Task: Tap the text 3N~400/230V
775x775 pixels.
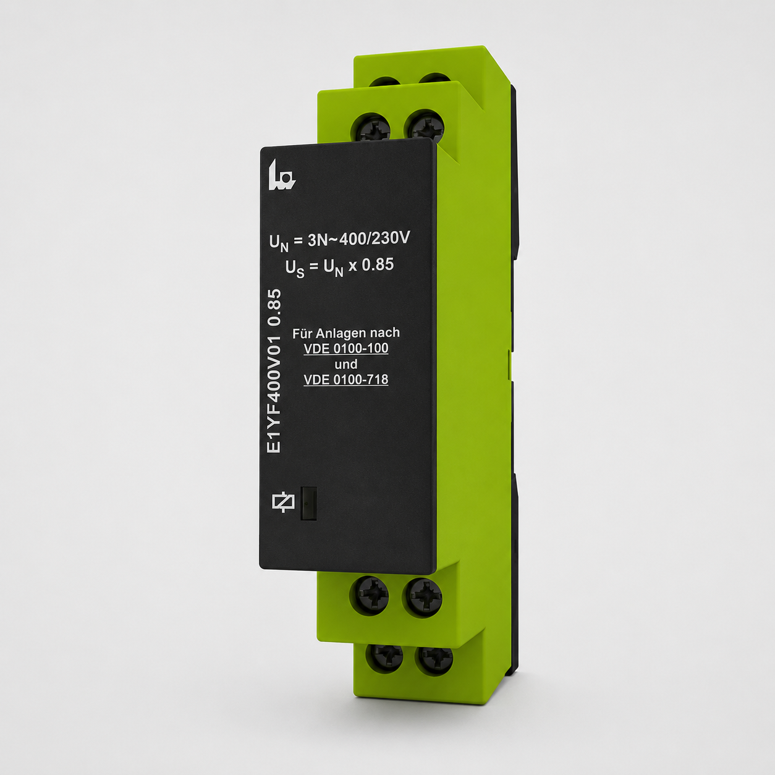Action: tap(358, 239)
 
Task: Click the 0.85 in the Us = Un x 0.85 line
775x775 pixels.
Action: tap(378, 265)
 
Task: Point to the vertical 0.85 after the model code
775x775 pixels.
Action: tap(274, 308)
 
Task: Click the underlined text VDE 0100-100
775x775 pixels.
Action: tap(346, 349)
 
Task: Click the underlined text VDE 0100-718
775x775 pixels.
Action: tap(346, 379)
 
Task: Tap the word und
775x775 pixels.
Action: tap(346, 364)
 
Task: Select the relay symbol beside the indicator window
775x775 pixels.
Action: tap(284, 502)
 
